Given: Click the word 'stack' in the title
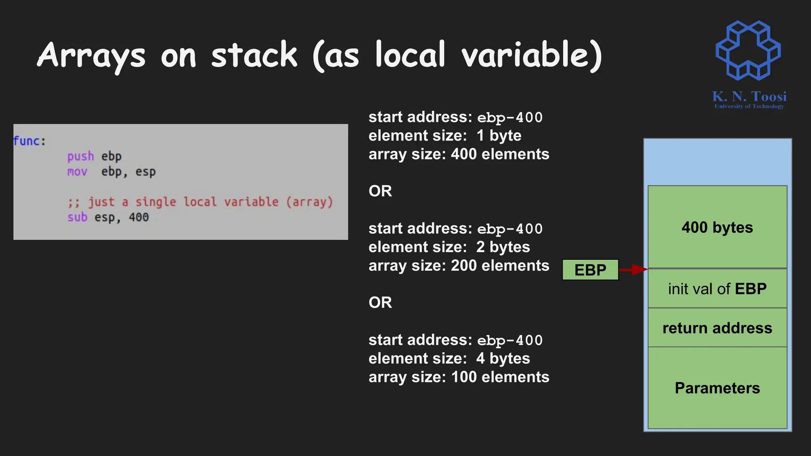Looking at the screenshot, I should tap(254, 55).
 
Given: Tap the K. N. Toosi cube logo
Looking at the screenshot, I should tap(748, 50).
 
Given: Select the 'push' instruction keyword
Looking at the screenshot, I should tap(80, 156).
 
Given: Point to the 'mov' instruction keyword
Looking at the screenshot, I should tap(77, 172).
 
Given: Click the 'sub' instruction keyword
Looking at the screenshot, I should tap(77, 217).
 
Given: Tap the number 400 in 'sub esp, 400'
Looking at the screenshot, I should tap(139, 217).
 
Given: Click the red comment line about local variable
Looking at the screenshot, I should tap(200, 202).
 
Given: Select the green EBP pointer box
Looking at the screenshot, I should tap(590, 270).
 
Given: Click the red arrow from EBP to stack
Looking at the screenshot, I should tap(633, 270).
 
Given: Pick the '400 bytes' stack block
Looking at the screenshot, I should tap(717, 227).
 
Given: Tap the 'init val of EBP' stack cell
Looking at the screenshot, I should tap(717, 289).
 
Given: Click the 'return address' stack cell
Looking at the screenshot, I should tap(717, 328).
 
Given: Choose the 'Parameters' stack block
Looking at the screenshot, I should tap(717, 388).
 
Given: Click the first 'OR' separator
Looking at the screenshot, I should tap(380, 191).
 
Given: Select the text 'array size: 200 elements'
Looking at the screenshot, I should tap(459, 266).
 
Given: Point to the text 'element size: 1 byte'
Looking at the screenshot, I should tap(445, 136).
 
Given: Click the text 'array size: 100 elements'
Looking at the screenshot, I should tap(459, 377).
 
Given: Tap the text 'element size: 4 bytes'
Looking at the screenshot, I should tap(449, 359).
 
